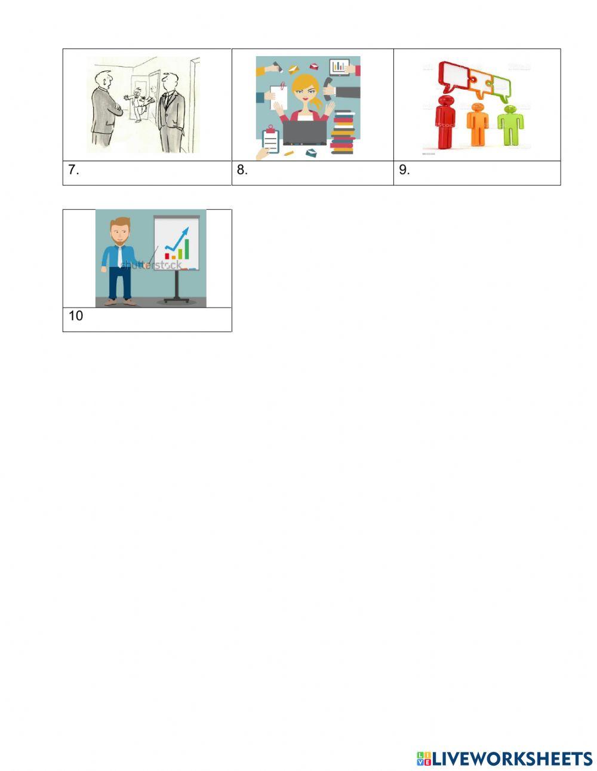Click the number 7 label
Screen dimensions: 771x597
tap(73, 170)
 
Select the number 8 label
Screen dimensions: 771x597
tap(242, 170)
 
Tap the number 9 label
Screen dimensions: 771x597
tap(404, 170)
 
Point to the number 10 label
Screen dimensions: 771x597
tap(76, 316)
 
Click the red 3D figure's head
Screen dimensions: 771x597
tap(445, 100)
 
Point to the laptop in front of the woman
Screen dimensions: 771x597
tap(304, 133)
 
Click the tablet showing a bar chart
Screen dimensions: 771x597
tap(340, 66)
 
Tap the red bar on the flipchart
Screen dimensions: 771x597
tap(168, 256)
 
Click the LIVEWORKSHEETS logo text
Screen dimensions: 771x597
tap(511, 758)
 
